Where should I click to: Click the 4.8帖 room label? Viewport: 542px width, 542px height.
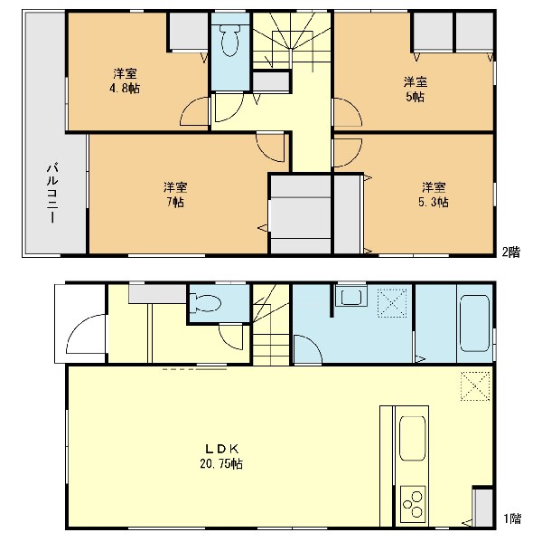coord(125,81)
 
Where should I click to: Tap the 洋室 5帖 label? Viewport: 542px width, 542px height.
coord(416,90)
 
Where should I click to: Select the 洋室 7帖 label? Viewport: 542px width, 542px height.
coord(175,195)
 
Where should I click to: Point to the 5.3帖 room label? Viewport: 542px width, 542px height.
coord(434,195)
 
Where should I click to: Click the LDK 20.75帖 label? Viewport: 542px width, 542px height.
coord(221,456)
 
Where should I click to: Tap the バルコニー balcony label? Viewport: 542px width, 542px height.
coord(52,193)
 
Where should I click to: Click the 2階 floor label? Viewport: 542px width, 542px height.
coord(511,252)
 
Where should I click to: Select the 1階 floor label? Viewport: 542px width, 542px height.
coord(512,518)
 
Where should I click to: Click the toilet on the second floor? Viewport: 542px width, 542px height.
coord(229,43)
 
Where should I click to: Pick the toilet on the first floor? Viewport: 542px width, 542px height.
coord(206,303)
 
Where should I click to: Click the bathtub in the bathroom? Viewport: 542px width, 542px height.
coord(474,323)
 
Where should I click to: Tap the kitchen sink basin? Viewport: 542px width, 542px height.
coord(412,438)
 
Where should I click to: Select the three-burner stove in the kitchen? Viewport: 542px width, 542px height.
coord(413,504)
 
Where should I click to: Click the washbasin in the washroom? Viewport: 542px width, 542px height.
coord(351,297)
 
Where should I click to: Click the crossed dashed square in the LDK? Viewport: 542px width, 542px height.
coord(475,386)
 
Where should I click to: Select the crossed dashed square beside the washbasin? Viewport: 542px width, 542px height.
coord(392,303)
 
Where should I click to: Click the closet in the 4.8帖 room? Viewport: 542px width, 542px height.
coord(189,32)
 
